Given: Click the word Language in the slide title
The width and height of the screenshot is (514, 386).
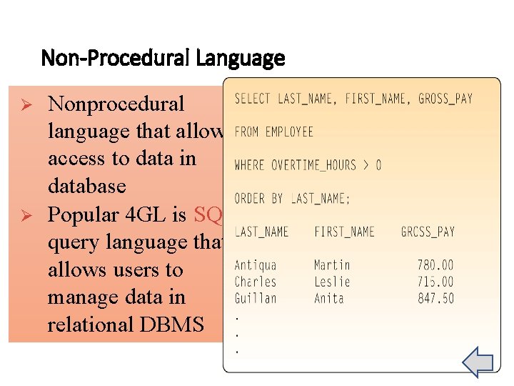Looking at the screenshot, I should (244, 58).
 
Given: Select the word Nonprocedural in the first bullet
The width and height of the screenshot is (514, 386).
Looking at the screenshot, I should (116, 104).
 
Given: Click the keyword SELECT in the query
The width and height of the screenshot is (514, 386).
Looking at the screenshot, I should (251, 99).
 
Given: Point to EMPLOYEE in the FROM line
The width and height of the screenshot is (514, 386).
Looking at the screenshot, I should (289, 132).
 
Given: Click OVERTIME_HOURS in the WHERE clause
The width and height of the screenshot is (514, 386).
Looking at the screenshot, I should (311, 165).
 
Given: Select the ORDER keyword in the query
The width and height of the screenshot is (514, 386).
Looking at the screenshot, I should (250, 198).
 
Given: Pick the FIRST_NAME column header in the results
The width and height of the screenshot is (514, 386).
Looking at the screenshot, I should (344, 232).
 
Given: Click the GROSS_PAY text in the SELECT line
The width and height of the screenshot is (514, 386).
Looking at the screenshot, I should (445, 99).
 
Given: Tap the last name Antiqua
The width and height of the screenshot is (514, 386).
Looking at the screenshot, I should (256, 265).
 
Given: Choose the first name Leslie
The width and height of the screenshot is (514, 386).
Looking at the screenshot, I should (332, 282).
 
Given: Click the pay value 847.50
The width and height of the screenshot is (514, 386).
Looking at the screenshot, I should (435, 298).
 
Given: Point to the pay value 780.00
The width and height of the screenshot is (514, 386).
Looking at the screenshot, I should (435, 265).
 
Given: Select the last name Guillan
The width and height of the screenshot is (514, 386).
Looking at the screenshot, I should (256, 298).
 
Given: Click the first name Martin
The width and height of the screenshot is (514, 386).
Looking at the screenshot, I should (332, 265).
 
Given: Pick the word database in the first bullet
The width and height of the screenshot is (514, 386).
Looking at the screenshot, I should (86, 187).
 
